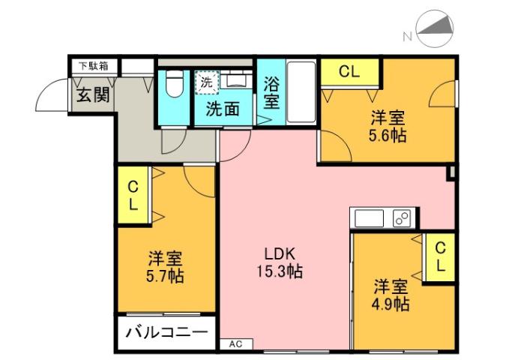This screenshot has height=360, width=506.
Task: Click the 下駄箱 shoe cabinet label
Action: tap(94, 66)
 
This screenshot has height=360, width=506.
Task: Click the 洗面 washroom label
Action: tap(223, 109)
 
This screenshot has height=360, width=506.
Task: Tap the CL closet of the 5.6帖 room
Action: tap(349, 72)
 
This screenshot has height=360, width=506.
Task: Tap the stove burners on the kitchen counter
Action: tap(402, 218)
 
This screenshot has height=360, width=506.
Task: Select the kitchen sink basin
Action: tap(369, 218)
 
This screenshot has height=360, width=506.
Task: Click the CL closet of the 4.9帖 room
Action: tap(440, 256)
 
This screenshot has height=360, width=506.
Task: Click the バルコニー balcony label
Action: tap(166, 331)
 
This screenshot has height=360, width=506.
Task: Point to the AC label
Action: tap(236, 344)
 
